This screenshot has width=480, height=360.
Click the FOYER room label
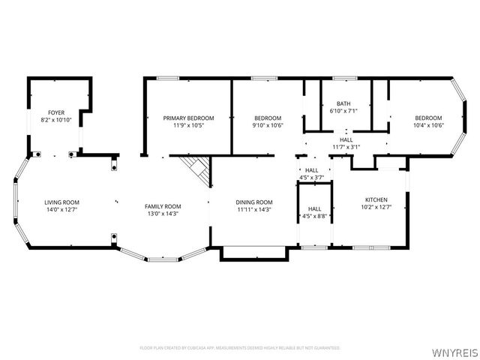(x=56, y=112)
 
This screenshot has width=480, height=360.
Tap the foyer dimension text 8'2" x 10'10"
(x=56, y=120)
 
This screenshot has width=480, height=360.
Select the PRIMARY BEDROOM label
(x=188, y=118)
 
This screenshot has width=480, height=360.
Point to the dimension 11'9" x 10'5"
(x=188, y=125)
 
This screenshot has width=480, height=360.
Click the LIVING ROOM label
(x=61, y=202)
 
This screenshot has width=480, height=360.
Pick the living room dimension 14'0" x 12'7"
(x=61, y=210)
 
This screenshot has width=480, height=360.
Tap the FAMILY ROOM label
(x=163, y=206)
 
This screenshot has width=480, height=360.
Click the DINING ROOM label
(x=254, y=202)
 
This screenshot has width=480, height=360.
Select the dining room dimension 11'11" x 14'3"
(x=254, y=210)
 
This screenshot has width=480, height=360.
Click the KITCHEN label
(x=376, y=199)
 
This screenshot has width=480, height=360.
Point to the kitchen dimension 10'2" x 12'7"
(x=376, y=207)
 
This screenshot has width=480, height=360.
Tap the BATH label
(x=343, y=103)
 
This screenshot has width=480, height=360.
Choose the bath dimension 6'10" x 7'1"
(x=343, y=111)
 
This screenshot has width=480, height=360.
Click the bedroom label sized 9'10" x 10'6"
(x=268, y=118)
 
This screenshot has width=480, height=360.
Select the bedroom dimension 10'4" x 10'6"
(x=428, y=125)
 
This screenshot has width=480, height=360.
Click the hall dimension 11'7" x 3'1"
(x=346, y=146)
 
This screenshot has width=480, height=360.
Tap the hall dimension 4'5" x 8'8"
(x=314, y=216)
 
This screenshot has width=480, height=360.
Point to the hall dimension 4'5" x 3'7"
(x=312, y=178)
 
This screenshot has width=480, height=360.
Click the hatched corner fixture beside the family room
(x=198, y=169)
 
